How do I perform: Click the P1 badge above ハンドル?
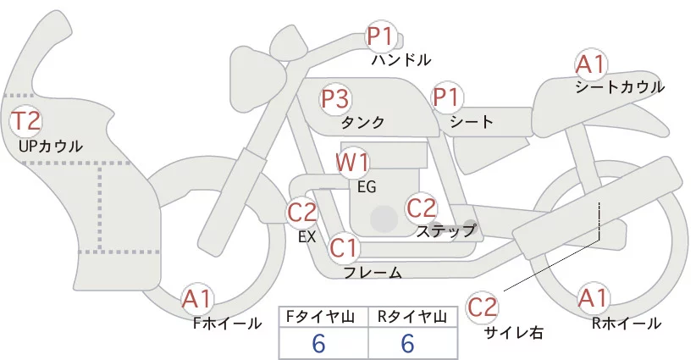[x=381, y=37]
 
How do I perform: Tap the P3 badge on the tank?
[x=334, y=100]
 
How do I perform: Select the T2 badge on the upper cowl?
[x=25, y=121]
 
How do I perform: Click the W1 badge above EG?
[x=353, y=163]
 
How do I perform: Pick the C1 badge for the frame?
[x=345, y=248]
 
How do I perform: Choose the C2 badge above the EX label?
[x=302, y=212]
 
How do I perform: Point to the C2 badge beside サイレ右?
[x=483, y=307]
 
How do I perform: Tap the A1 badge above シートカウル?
[x=590, y=64]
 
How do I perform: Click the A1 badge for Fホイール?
[x=198, y=299]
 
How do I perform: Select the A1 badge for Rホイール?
[x=593, y=299]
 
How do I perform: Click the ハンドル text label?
[x=401, y=60]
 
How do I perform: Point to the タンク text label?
[x=362, y=123]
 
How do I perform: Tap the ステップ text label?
[x=445, y=230]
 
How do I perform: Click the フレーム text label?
[x=373, y=273]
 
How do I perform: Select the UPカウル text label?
[x=51, y=147]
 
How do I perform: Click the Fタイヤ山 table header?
[x=324, y=317]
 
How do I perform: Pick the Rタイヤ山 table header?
[x=413, y=317]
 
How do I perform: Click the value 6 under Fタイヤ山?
[x=318, y=344]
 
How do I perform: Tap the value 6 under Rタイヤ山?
[x=407, y=344]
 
